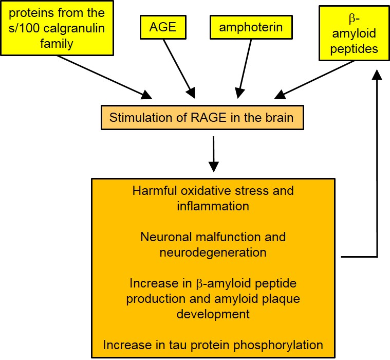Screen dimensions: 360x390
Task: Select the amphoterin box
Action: click(x=251, y=27)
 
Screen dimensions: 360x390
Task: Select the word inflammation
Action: click(x=213, y=206)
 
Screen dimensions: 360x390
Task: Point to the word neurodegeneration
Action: click(x=213, y=253)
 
